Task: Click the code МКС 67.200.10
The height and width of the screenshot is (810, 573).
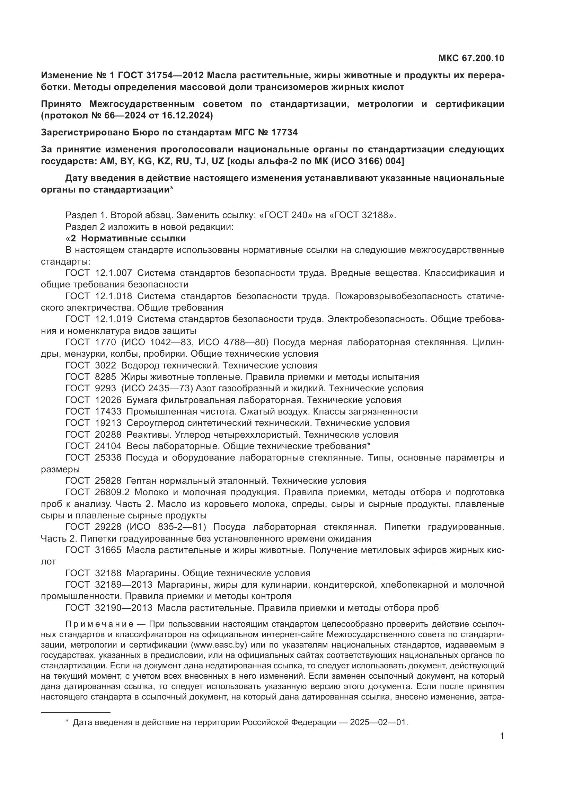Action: [x=471, y=58]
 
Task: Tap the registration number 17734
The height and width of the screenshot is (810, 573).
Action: [x=285, y=132]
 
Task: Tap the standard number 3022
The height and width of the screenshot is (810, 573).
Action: [x=106, y=365]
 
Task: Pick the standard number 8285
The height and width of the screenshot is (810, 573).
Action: [x=106, y=377]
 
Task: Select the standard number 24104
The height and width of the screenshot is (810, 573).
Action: [x=108, y=446]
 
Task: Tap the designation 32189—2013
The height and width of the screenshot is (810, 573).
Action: [x=123, y=585]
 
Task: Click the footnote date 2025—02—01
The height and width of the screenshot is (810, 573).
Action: [x=379, y=722]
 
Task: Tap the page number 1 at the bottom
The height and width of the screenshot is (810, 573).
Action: [x=502, y=736]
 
